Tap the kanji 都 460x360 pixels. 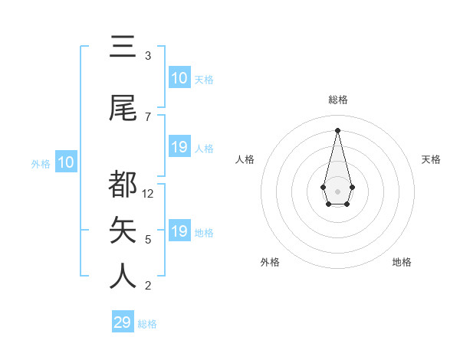(x=123, y=185)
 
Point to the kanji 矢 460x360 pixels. (x=123, y=231)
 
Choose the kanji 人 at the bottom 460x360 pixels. (x=123, y=276)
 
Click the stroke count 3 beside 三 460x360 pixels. (x=148, y=56)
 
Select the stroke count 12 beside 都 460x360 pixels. (x=149, y=194)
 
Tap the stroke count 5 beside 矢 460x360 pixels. (x=148, y=240)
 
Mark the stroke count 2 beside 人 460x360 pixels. (x=148, y=286)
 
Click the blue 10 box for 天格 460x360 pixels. (x=179, y=78)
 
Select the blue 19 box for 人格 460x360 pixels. (x=179, y=147)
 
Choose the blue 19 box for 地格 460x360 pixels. (x=179, y=231)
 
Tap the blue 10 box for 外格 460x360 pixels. (x=65, y=162)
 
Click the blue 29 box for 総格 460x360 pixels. (x=123, y=322)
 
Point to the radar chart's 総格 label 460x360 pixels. (x=337, y=100)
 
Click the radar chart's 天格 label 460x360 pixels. (x=431, y=159)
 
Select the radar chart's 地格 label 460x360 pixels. (x=402, y=262)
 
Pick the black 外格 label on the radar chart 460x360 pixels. (x=270, y=262)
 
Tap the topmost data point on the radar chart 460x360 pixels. (x=337, y=129)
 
